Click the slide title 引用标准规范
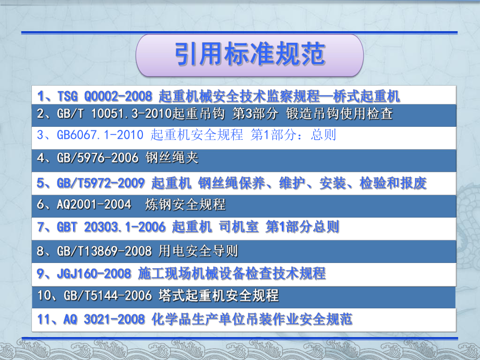point(250,54)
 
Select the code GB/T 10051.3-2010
point(114,114)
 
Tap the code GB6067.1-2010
point(100,135)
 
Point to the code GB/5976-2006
point(98,158)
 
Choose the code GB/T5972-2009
point(101,183)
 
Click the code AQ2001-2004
point(94,204)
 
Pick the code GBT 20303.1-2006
point(111,227)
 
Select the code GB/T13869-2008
point(104,251)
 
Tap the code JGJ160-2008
point(94,273)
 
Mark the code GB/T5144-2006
point(108,295)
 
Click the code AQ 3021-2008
point(104,319)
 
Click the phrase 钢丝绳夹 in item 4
point(172,158)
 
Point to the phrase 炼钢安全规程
point(186,204)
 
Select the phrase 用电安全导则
point(198,251)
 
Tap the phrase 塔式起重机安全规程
point(219,295)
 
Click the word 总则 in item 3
point(323,135)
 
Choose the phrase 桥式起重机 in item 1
point(366,97)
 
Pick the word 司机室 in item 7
point(239,227)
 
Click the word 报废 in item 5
point(413,183)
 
